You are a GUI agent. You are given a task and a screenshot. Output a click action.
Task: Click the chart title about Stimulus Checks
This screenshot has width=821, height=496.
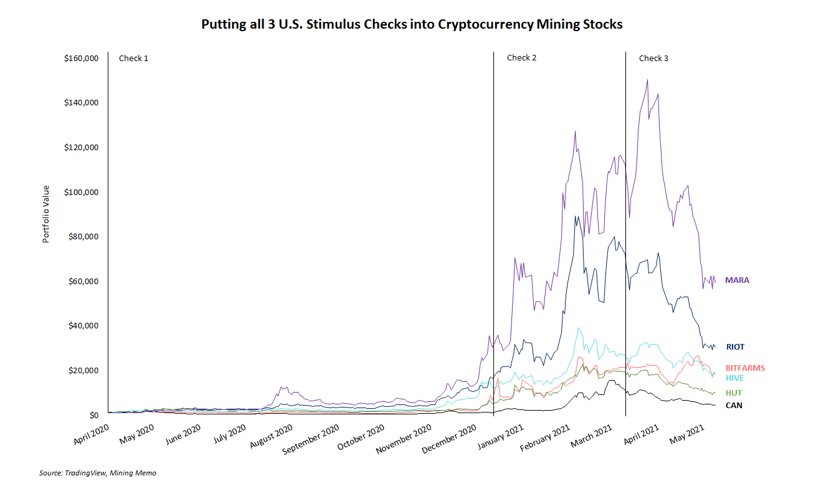click(x=412, y=25)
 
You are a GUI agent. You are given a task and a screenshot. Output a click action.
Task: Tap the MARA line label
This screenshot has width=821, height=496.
click(x=737, y=280)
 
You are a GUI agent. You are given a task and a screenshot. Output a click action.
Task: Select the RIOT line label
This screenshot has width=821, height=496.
click(x=735, y=347)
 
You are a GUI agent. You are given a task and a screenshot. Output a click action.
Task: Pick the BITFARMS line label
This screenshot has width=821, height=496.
click(x=745, y=368)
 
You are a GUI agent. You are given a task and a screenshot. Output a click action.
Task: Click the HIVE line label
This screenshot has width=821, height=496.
click(x=734, y=378)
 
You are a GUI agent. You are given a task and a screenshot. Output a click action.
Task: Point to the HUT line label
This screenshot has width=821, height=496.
click(x=733, y=393)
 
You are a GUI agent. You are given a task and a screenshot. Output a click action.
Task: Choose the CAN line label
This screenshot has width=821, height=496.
click(x=734, y=406)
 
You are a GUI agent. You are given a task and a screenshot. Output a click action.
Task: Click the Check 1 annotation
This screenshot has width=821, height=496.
click(x=133, y=58)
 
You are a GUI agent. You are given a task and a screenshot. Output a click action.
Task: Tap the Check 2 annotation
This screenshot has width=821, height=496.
click(x=521, y=58)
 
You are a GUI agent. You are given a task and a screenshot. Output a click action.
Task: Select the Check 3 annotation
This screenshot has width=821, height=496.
click(x=653, y=58)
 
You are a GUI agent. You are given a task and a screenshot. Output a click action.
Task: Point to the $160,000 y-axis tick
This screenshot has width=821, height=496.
click(x=82, y=59)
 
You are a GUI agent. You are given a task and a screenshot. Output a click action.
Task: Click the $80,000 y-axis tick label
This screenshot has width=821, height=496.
click(x=83, y=237)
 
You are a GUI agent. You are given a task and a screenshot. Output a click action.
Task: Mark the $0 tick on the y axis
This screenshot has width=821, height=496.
click(x=93, y=415)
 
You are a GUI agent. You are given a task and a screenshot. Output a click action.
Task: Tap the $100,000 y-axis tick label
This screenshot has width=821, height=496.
click(x=82, y=192)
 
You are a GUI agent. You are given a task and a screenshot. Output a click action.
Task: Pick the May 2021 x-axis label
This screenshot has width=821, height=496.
click(x=686, y=433)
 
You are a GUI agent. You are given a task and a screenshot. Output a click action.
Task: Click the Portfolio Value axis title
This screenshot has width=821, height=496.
click(x=46, y=214)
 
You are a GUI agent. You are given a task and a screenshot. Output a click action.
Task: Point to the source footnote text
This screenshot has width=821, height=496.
click(x=98, y=473)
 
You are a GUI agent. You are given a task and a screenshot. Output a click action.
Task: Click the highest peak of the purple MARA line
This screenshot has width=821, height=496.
click(x=647, y=80)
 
